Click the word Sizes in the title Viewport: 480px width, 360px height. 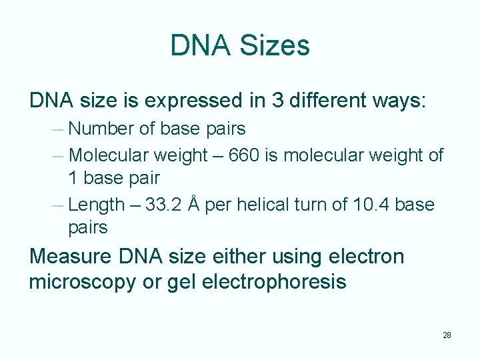(275, 46)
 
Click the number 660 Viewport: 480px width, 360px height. (245, 156)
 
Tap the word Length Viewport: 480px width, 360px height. (97, 205)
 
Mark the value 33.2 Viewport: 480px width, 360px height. (162, 205)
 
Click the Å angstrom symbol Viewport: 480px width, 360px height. (193, 203)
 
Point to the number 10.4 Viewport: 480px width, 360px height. (370, 205)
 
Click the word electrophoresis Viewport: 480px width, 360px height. (274, 282)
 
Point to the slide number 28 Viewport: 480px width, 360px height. (447, 335)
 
